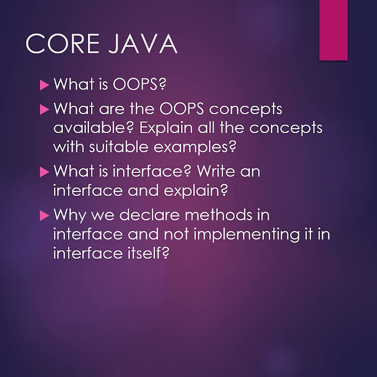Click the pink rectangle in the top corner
[334, 29]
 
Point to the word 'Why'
[69, 215]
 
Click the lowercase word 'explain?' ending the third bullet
[197, 191]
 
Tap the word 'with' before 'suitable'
[68, 147]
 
